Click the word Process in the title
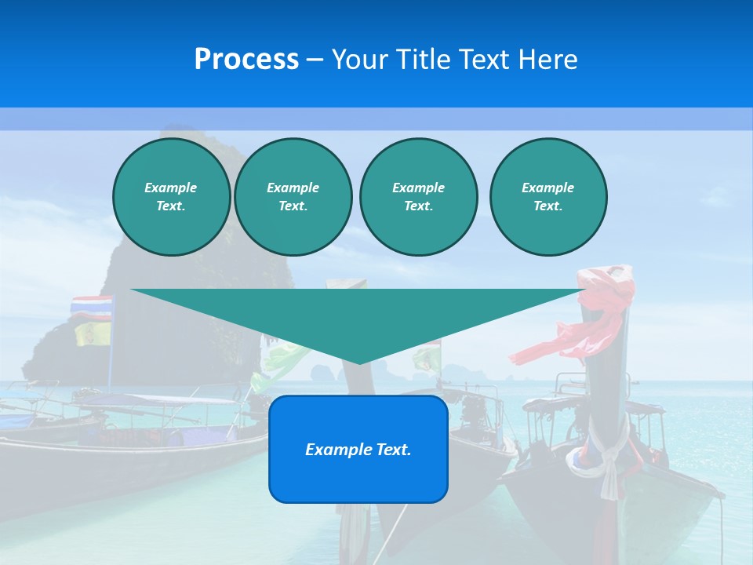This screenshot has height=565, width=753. [x=246, y=60]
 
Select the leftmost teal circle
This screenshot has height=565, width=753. [x=171, y=197]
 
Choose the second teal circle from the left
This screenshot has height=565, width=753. [x=293, y=197]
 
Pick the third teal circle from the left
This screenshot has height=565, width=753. [x=418, y=197]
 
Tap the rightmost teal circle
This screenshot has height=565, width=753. [x=547, y=197]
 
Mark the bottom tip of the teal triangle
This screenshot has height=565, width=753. [x=359, y=363]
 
